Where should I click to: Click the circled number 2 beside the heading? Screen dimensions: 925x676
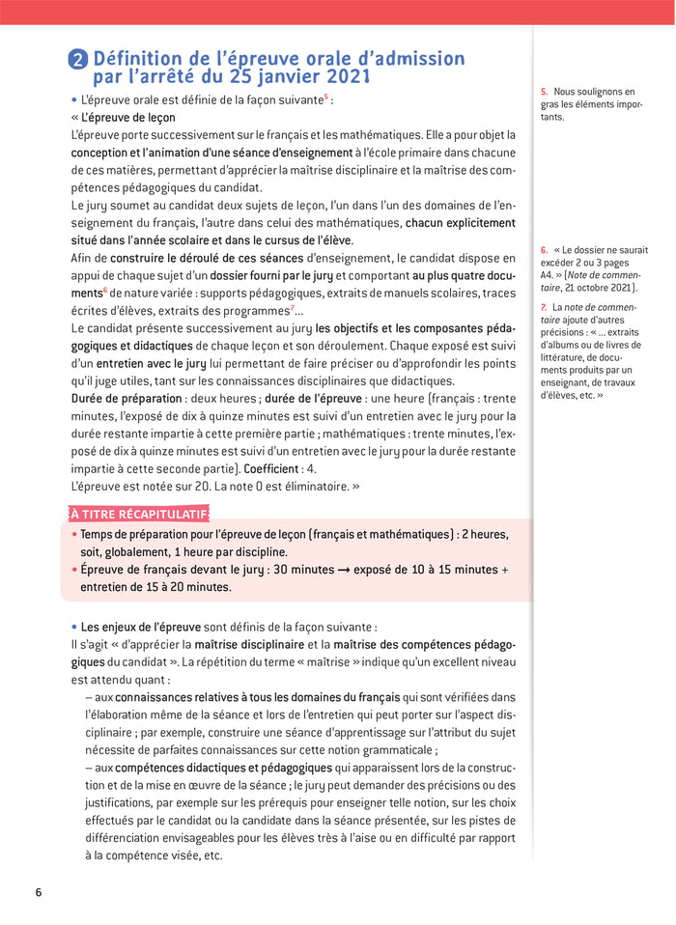pos(79,60)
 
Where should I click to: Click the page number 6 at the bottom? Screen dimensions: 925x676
pos(39,891)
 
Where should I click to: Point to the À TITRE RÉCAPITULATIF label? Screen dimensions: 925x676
pos(138,513)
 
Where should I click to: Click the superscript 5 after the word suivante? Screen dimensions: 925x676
pos(326,97)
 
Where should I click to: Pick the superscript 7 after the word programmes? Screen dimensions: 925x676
pos(293,308)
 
